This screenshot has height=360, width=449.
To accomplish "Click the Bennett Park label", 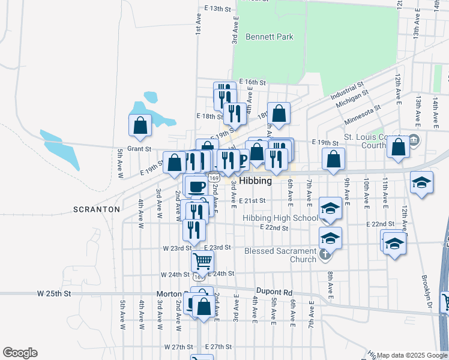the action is pos(270,37).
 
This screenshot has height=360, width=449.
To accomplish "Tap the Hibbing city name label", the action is pos(256,181).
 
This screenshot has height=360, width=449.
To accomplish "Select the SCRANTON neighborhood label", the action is pos(96,209).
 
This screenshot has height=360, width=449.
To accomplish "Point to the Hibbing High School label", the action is pos(280,218).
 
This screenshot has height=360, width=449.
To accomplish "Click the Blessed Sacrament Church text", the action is pos(280,255).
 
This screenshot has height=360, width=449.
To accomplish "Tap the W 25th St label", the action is pos(54,293).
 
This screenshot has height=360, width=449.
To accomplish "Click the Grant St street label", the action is pos(139,148).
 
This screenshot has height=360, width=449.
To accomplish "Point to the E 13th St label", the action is pos(217,8).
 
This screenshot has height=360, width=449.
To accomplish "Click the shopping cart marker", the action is pos(203,261).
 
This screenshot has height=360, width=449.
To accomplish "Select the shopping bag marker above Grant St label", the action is pos(140,125).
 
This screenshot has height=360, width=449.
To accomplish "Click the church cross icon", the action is pos(325,254).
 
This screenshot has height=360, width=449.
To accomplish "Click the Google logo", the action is pos(20,353).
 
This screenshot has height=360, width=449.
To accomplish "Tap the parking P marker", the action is pos(243,160).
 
